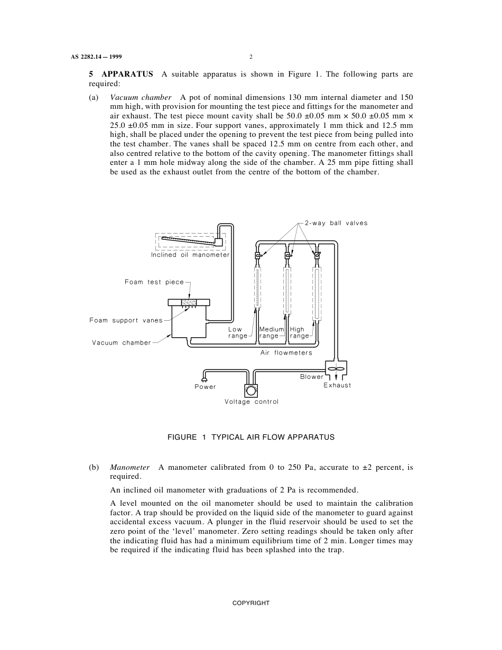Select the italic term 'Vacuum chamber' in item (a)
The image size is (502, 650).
click(x=141, y=98)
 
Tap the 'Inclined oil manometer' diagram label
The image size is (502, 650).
click(x=190, y=255)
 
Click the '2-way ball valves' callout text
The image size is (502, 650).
click(x=336, y=223)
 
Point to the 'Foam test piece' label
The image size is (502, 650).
click(x=154, y=282)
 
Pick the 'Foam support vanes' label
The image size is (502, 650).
click(x=126, y=320)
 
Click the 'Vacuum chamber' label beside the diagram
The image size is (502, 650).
click(x=122, y=343)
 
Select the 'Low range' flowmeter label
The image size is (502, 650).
click(x=237, y=333)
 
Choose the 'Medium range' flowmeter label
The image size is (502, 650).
click(x=271, y=333)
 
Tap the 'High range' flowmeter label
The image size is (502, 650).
click(x=299, y=333)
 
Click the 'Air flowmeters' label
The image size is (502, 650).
click(x=286, y=353)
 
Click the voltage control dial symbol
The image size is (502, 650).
click(x=251, y=391)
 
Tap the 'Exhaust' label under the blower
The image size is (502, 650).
click(x=337, y=385)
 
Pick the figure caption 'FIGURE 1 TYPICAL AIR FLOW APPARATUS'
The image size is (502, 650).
click(x=251, y=437)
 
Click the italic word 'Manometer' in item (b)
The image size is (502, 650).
click(x=129, y=468)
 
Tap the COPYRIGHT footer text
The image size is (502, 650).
click(x=251, y=603)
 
